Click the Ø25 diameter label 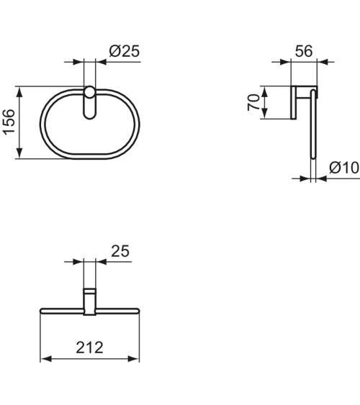coord(124,53)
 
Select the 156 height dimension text coord(9,122)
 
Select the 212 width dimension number coord(89,347)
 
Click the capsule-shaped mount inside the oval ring coord(90,102)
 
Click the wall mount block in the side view coord(296,102)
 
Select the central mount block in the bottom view coord(90,301)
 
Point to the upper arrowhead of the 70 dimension coord(266,91)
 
